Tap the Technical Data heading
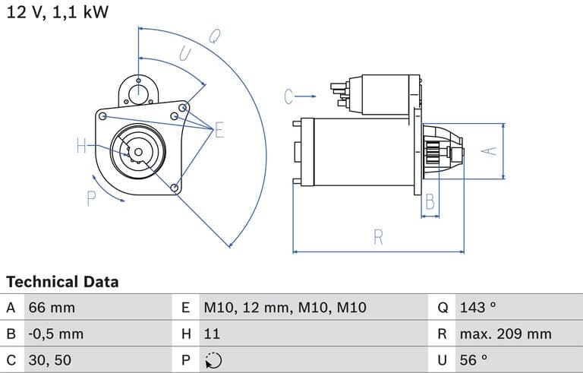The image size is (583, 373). [62, 282]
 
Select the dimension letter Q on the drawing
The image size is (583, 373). [215, 36]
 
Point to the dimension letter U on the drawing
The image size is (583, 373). [184, 52]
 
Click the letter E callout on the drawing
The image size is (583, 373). [219, 130]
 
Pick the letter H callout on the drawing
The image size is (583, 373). [82, 147]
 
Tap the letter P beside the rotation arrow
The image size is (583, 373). [91, 199]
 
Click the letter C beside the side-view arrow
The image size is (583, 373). [288, 96]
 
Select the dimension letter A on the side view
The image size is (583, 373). [490, 150]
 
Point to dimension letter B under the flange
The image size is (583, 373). [429, 202]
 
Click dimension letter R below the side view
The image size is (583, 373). [378, 237]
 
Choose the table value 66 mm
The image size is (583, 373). [52, 308]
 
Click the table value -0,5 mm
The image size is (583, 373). [56, 333]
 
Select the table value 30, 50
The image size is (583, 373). [50, 359]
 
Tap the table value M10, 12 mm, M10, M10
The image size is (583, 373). [285, 308]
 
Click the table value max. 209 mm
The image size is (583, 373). [506, 333]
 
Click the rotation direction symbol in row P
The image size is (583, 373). [213, 360]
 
